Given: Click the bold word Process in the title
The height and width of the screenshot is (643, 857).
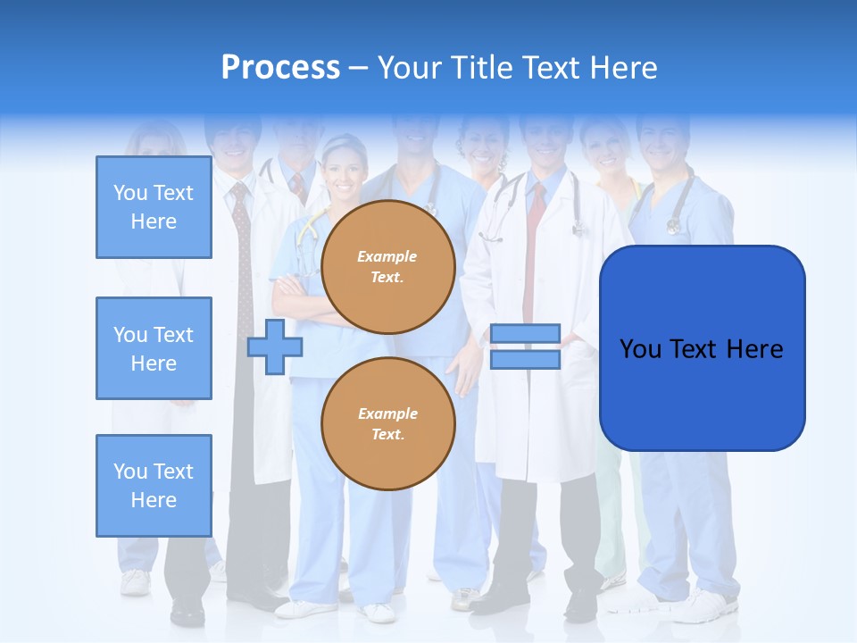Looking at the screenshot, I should pos(280,67).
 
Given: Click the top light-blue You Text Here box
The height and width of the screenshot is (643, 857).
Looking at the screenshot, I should pos(154,207).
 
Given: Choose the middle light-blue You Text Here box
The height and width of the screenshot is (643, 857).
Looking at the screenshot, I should pos(154,348).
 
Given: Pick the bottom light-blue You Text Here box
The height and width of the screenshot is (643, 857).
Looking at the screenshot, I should pos(154,486).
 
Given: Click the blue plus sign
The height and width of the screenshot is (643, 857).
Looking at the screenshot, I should pos(275,347).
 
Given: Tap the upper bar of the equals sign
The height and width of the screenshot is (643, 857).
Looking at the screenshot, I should pos(525,334).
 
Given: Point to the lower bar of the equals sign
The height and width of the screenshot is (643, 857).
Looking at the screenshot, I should pos(525,359).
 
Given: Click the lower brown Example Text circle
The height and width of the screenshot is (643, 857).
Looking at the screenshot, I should pos(388,423).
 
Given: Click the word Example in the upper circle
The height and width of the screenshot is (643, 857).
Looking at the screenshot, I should pos(387,256).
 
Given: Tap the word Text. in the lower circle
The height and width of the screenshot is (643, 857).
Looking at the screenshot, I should pos(387,435).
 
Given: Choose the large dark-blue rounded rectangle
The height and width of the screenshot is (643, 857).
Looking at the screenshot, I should pos(702,348).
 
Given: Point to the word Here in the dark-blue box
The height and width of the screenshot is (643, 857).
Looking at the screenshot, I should pos(754,349).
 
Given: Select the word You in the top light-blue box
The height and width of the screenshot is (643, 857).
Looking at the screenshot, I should pos(129,193).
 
